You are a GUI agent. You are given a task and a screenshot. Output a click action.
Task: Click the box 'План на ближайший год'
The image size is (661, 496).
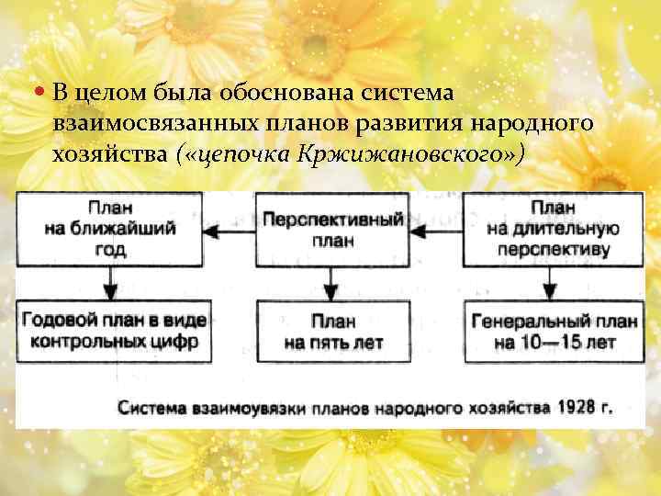(110, 229)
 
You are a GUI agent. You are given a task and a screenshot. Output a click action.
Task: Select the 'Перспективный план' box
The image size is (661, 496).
(332, 230)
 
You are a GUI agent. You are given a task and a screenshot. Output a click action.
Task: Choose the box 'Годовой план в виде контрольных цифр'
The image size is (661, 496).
(110, 332)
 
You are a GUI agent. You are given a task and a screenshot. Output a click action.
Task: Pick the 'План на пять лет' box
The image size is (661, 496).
(332, 332)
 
